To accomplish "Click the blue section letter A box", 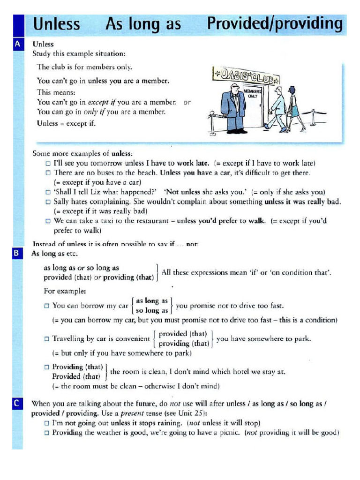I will [x=18, y=45].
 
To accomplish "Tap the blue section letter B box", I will [x=18, y=254].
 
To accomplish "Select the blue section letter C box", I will [x=18, y=403].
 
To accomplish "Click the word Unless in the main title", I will [x=57, y=24].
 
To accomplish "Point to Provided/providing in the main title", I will [x=275, y=24].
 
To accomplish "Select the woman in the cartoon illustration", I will [x=294, y=109].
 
